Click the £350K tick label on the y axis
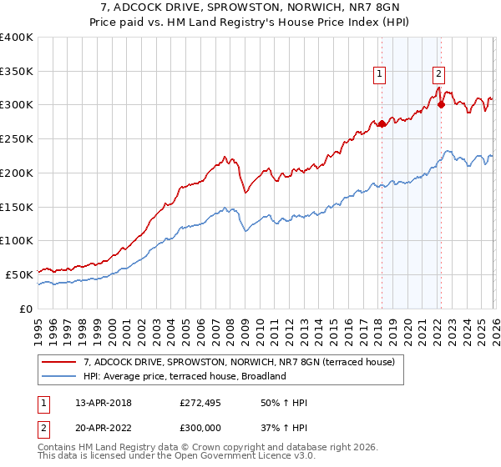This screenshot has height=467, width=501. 17,72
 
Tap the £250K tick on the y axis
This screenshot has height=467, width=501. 17,139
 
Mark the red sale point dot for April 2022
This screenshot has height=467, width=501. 440,105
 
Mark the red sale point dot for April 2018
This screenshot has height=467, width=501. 382,123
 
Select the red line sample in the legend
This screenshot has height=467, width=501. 59,363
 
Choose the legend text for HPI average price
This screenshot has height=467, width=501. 185,376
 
